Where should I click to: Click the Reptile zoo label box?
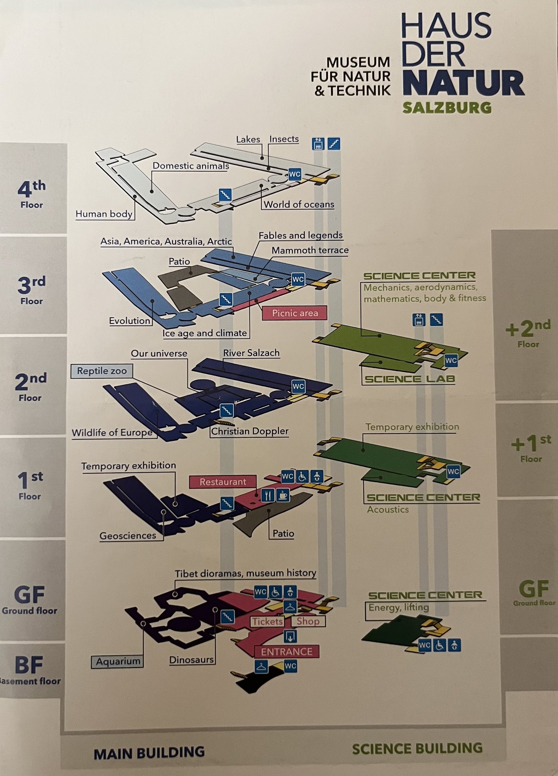tap(102, 371)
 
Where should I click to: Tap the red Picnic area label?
tap(294, 313)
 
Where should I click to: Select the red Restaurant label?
tap(223, 482)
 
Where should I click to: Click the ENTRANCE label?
tap(287, 652)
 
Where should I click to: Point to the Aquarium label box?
tap(118, 661)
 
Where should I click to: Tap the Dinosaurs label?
tap(191, 660)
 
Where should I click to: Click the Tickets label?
tap(268, 621)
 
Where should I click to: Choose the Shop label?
tap(308, 621)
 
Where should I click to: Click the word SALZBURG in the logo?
tap(447, 108)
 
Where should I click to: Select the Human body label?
tap(104, 214)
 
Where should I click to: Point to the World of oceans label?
tap(299, 204)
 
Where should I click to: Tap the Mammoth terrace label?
tap(310, 250)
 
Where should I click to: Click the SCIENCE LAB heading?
tap(410, 379)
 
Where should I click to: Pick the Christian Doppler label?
tap(250, 431)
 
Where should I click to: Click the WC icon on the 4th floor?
tap(295, 174)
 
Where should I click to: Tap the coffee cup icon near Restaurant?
tap(283, 495)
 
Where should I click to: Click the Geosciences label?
tap(128, 536)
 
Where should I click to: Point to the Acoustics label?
tap(388, 509)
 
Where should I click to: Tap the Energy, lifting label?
tap(399, 608)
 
